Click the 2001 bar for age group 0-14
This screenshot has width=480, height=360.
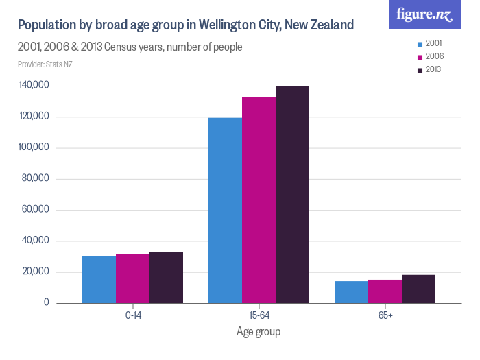pyautogui.click(x=99, y=279)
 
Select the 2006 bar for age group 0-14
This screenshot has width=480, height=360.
pyautogui.click(x=132, y=278)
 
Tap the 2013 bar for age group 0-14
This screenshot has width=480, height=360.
pyautogui.click(x=166, y=277)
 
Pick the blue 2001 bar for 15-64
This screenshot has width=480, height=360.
pyautogui.click(x=225, y=210)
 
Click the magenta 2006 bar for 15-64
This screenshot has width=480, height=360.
pyautogui.click(x=259, y=200)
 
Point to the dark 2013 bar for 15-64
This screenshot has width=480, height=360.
pyautogui.click(x=292, y=194)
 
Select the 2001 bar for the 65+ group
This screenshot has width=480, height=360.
pyautogui.click(x=351, y=292)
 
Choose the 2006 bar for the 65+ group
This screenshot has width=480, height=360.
pyautogui.click(x=385, y=291)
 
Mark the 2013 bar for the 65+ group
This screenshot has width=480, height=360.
pyautogui.click(x=418, y=289)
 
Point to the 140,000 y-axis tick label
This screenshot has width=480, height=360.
pyautogui.click(x=34, y=86)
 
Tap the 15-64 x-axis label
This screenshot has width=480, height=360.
pyautogui.click(x=259, y=315)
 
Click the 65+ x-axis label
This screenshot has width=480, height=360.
pyautogui.click(x=385, y=315)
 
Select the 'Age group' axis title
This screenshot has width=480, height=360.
pyautogui.click(x=259, y=332)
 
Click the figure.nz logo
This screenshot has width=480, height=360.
pyautogui.click(x=424, y=14)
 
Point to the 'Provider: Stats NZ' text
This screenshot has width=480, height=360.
pyautogui.click(x=45, y=64)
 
